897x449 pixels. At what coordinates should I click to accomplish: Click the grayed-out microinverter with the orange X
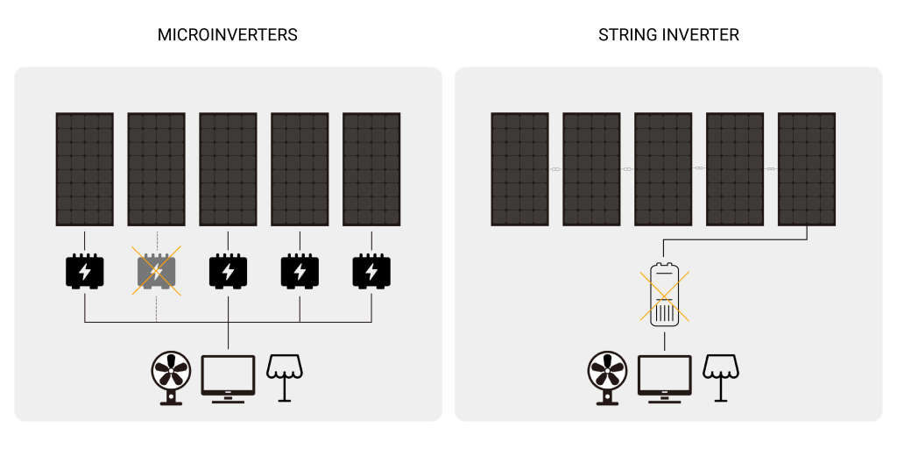point(156,272)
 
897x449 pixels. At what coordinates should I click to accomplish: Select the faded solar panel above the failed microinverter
point(156,169)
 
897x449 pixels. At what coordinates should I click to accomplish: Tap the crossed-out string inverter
point(665,295)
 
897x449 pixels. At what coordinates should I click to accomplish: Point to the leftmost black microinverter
point(84,272)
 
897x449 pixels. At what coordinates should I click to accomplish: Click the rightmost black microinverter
point(371,272)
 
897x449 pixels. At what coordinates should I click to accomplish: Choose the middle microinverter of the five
point(228,272)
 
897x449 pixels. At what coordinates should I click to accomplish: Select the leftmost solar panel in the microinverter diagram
point(84,169)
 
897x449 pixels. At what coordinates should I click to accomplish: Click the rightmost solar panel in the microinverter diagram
point(371,169)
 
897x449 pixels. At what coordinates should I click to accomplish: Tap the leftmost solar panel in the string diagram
point(519,169)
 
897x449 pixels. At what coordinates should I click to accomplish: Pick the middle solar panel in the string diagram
point(663,169)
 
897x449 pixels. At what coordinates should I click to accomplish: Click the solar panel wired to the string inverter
point(807,169)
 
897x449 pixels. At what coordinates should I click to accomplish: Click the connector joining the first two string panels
point(555,168)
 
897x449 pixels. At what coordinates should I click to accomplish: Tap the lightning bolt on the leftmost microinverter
point(84,272)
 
